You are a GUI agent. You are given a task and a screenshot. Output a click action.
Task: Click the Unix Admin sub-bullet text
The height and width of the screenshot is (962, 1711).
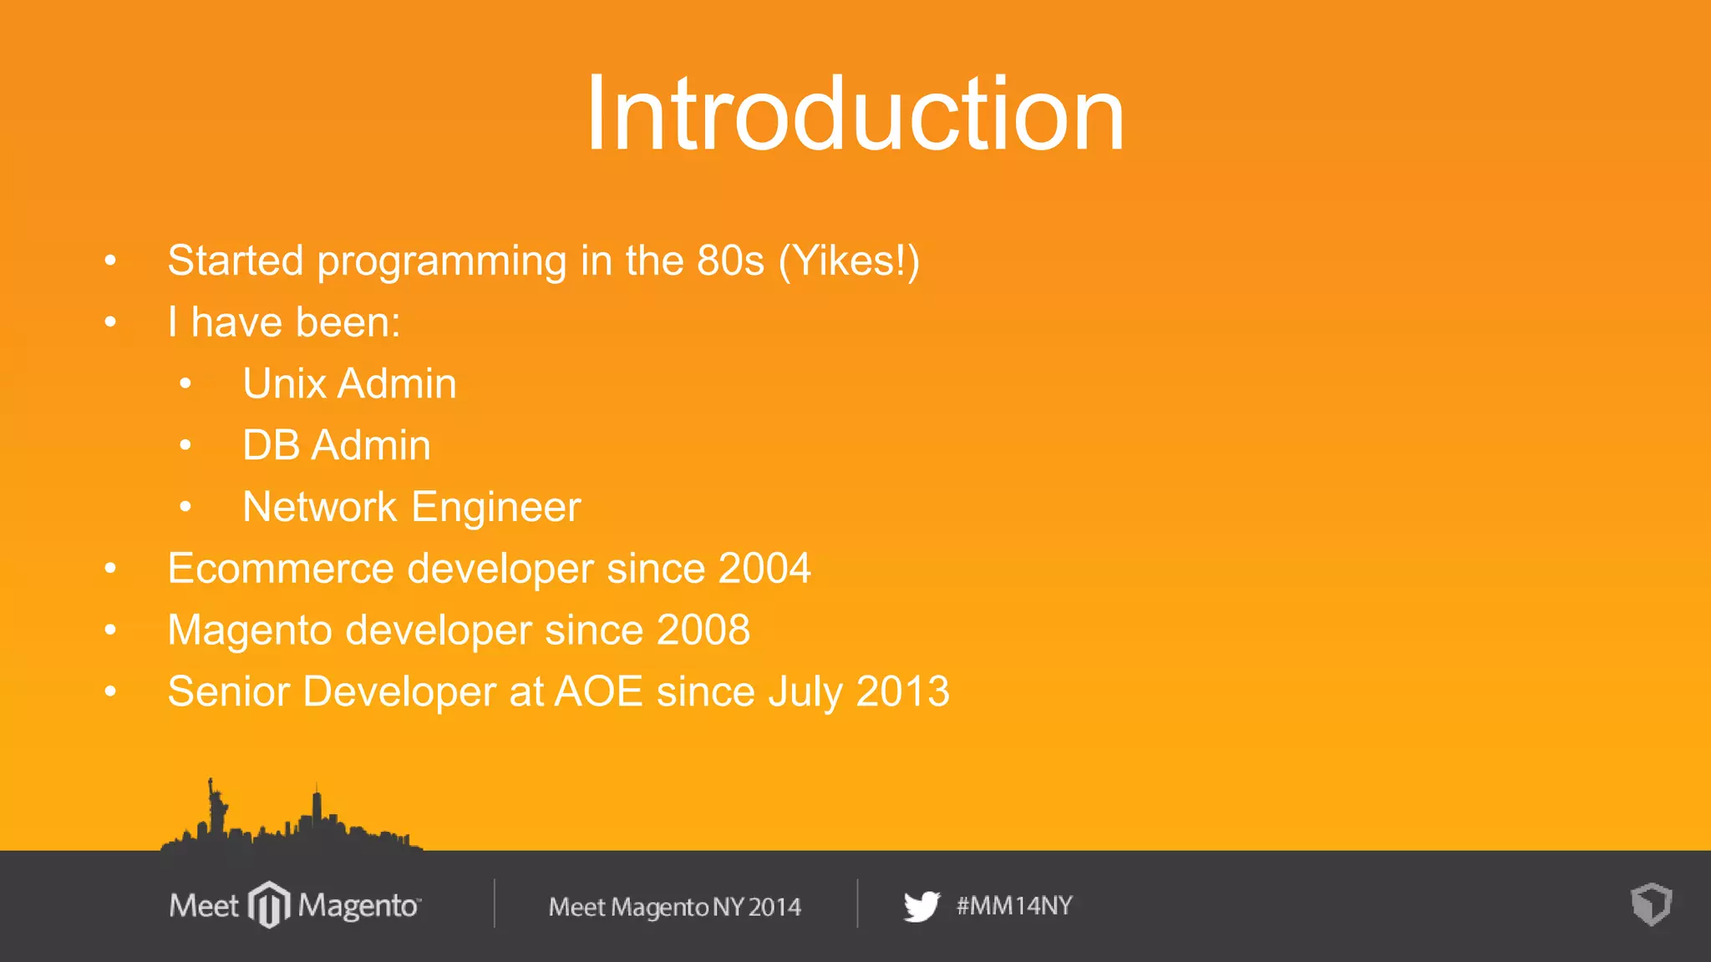[349, 384]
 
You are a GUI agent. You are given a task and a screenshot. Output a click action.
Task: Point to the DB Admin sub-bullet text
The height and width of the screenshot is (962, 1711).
[336, 445]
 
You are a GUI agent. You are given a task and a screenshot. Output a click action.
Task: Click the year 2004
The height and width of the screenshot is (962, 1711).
[764, 569]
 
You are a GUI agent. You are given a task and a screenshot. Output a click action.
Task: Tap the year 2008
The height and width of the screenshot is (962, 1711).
[703, 630]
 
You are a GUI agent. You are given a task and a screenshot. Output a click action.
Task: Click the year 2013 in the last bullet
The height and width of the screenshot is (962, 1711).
[902, 691]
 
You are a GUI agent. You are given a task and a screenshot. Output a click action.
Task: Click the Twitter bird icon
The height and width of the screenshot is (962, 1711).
[922, 906]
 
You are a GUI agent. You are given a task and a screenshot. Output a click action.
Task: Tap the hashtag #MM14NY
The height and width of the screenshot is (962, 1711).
[1014, 906]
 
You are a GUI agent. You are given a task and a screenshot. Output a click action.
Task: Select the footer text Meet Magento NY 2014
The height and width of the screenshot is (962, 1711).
[674, 907]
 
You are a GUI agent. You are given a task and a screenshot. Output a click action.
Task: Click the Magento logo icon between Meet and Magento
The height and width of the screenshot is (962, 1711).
[269, 904]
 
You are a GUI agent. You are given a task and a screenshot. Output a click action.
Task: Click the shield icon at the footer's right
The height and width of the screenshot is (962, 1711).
[1651, 904]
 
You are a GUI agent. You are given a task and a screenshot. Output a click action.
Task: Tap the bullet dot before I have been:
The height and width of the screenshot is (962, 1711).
[110, 322]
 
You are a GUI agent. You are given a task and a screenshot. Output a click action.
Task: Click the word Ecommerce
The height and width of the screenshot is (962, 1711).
[280, 569]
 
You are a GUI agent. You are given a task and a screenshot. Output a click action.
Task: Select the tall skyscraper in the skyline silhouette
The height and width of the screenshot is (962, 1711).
[317, 808]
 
